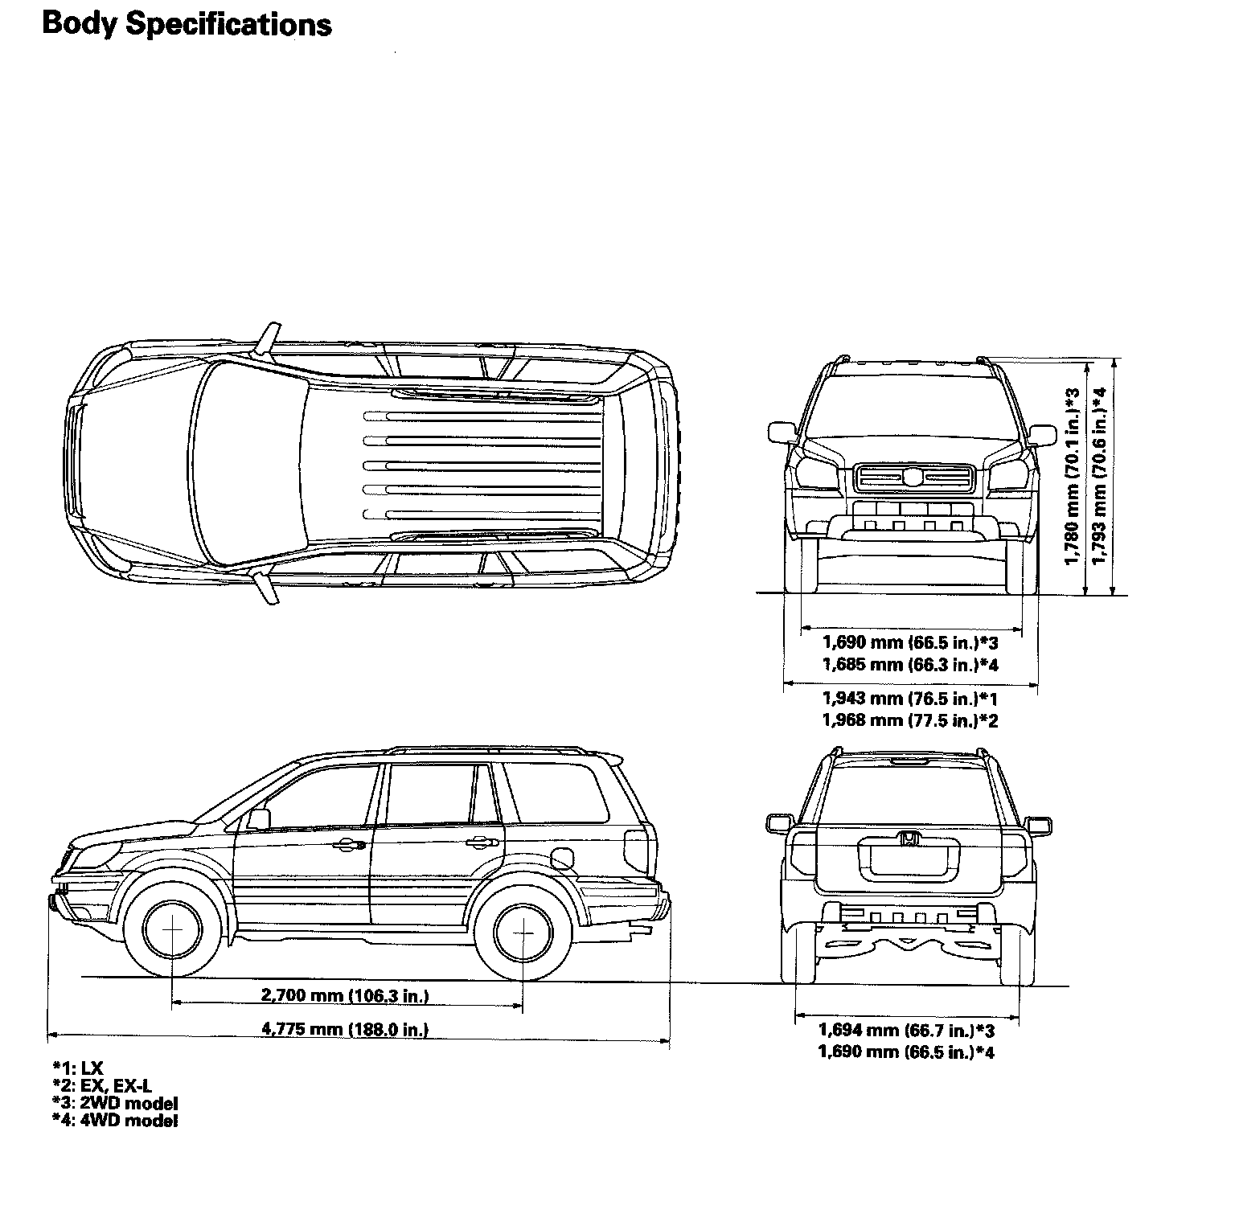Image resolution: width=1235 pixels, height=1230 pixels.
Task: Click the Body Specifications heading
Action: tap(187, 24)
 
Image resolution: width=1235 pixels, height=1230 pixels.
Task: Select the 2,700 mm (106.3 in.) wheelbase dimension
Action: tap(345, 996)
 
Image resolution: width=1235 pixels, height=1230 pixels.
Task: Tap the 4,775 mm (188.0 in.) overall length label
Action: tap(345, 1029)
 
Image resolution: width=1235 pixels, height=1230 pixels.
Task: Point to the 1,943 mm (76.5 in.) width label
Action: tap(909, 698)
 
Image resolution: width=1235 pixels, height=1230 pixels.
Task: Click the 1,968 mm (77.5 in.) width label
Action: tap(909, 720)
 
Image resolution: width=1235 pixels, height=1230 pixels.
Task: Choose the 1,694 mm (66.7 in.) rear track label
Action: tap(906, 1030)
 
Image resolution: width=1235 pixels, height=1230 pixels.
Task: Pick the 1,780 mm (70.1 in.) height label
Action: tap(1071, 476)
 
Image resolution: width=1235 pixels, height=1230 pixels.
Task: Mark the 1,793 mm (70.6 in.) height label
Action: tap(1099, 476)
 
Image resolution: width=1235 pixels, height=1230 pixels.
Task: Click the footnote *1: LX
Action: tap(78, 1068)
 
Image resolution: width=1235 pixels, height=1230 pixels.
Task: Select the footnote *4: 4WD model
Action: tap(115, 1121)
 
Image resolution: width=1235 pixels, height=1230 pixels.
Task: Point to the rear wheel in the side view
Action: tap(523, 933)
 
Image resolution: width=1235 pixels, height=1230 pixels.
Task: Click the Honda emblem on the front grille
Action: tap(914, 478)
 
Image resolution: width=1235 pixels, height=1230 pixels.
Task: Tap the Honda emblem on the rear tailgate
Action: tap(909, 839)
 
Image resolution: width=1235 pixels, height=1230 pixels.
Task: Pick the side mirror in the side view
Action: tap(258, 818)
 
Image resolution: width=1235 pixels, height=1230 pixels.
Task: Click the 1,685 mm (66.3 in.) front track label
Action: tap(909, 665)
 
